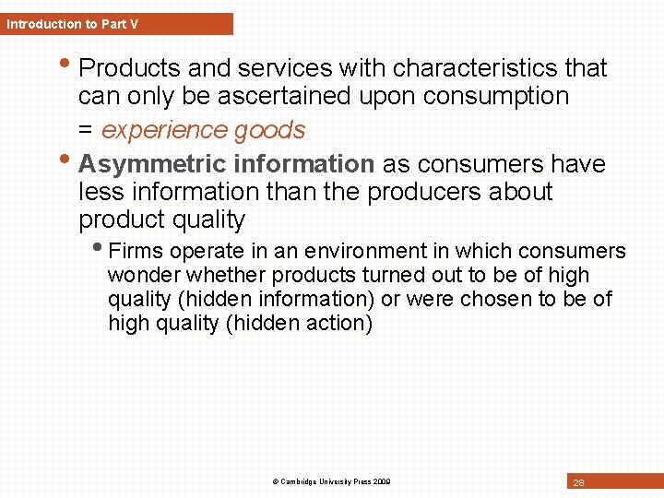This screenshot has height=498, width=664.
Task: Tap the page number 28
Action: click(578, 482)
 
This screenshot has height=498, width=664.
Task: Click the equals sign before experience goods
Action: click(86, 130)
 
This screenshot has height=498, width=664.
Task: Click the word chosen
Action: click(509, 299)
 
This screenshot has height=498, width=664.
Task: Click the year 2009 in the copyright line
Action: click(381, 481)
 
